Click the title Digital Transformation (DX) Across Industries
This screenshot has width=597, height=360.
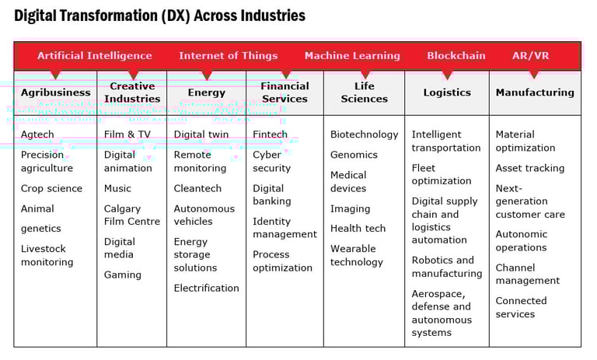tap(159, 16)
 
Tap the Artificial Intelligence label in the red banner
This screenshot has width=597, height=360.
tap(94, 56)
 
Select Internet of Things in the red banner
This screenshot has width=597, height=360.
tap(228, 56)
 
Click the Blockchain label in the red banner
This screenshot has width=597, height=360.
tap(456, 56)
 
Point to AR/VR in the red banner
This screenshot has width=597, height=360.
tap(530, 56)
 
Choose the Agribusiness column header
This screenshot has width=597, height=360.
tap(55, 93)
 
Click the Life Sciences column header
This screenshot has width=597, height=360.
tap(364, 93)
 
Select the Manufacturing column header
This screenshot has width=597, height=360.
tap(535, 93)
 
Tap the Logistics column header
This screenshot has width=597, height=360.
tap(447, 93)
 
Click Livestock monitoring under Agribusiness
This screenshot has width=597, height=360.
tap(47, 256)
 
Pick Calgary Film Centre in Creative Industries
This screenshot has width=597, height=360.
tap(132, 215)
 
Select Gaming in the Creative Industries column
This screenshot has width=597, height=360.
tap(123, 274)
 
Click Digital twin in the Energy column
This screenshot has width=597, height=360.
tap(201, 135)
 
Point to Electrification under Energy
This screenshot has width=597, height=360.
tap(206, 288)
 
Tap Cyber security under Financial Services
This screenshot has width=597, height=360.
tap(272, 161)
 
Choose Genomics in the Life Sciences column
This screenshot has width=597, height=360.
tap(354, 155)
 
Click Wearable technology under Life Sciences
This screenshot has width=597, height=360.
tap(357, 256)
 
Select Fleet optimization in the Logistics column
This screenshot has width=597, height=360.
tap(441, 174)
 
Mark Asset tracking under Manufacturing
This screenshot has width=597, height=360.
tap(530, 168)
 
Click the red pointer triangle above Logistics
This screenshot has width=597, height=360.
tap(447, 75)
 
